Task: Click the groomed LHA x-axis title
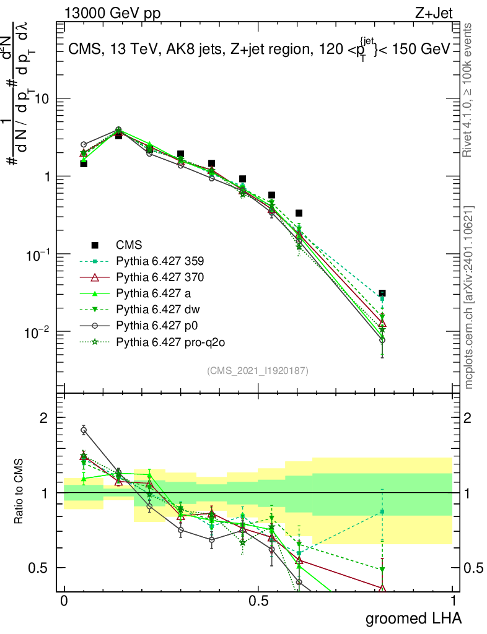pyautogui.click(x=413, y=618)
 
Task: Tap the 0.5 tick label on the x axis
pyautogui.click(x=258, y=601)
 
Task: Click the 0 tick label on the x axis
pyautogui.click(x=63, y=601)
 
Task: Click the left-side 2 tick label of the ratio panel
pyautogui.click(x=44, y=418)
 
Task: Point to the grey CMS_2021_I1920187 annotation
pyautogui.click(x=258, y=370)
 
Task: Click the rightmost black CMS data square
pyautogui.click(x=382, y=293)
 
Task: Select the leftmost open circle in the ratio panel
pyautogui.click(x=84, y=430)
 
